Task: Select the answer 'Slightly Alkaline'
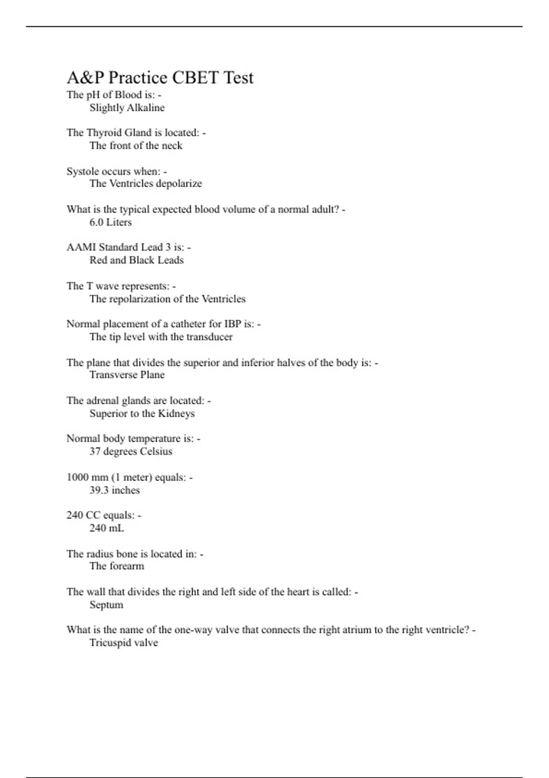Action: coord(127,108)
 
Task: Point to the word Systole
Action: coord(82,172)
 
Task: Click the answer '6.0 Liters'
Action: coord(110,222)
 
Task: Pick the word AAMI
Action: coord(81,248)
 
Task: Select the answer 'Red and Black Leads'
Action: coord(136,260)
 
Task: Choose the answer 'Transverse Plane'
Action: coord(127,375)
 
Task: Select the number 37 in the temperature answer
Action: coord(95,452)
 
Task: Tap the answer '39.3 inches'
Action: coord(114,491)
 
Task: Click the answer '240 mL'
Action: coord(107,528)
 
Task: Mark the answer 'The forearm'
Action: coord(117,566)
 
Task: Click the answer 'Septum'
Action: coord(106,605)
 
